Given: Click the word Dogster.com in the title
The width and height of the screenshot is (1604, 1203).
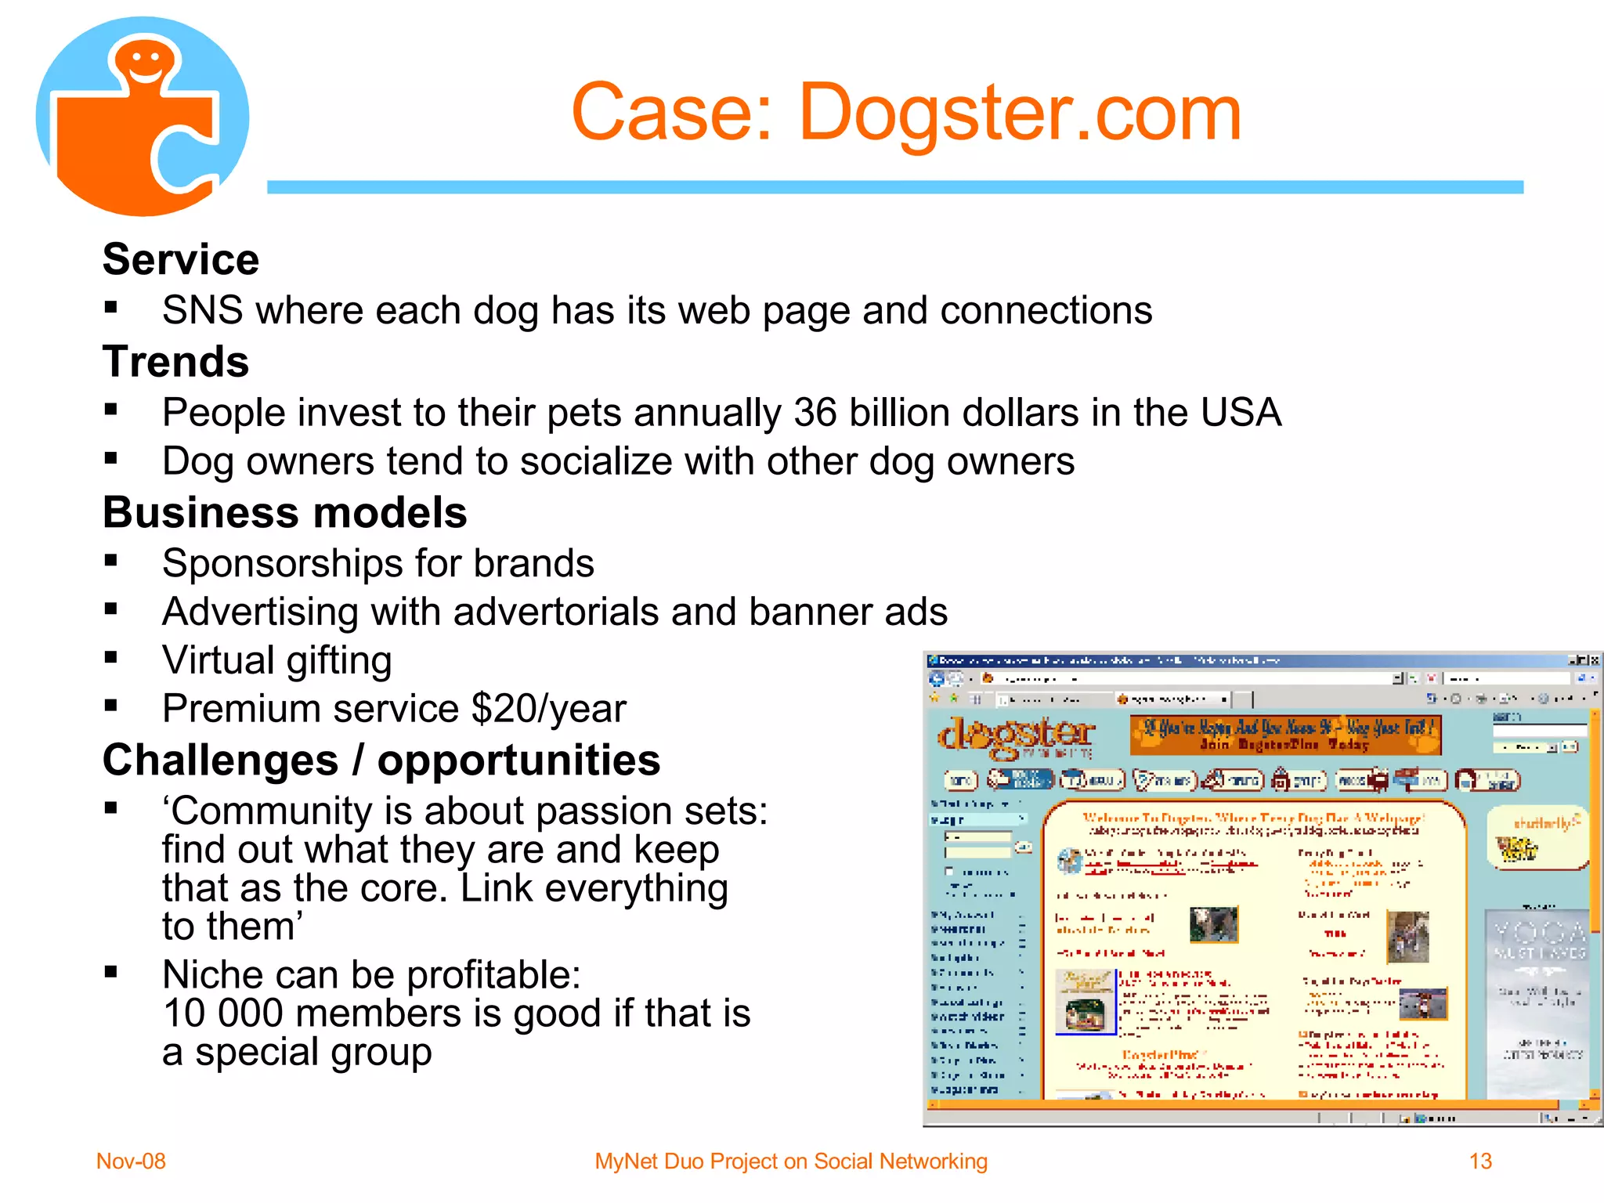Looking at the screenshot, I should pyautogui.click(x=1020, y=113).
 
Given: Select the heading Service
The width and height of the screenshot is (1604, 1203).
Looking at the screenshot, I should pyautogui.click(x=181, y=259).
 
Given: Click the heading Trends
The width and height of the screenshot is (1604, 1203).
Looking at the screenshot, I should pyautogui.click(x=176, y=362).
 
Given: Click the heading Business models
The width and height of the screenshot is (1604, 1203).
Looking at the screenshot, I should pyautogui.click(x=285, y=513).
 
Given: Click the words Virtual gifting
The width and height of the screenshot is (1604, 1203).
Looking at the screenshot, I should pyautogui.click(x=277, y=660).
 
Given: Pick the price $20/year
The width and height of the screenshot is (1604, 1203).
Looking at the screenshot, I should pyautogui.click(x=548, y=709).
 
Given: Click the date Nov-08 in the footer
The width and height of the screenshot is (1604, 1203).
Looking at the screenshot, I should pyautogui.click(x=131, y=1161).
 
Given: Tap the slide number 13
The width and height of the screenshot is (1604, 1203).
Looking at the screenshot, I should pyautogui.click(x=1480, y=1161).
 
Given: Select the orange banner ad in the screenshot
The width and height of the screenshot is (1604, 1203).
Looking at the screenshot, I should pyautogui.click(x=1285, y=735).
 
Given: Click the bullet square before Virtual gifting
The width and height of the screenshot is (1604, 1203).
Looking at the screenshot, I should pyautogui.click(x=111, y=657).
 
